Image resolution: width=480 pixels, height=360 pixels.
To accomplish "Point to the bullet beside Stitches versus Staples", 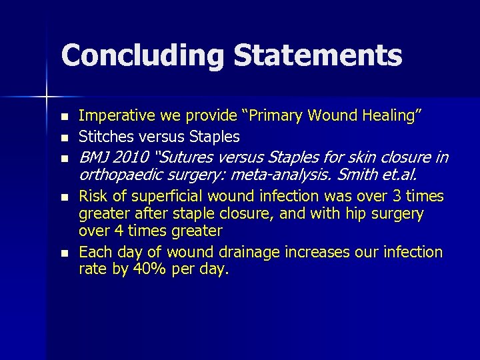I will click(63, 137).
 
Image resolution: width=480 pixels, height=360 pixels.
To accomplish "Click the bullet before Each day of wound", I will click(63, 253).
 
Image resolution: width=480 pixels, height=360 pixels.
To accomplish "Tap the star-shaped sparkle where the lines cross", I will click(47, 97).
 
